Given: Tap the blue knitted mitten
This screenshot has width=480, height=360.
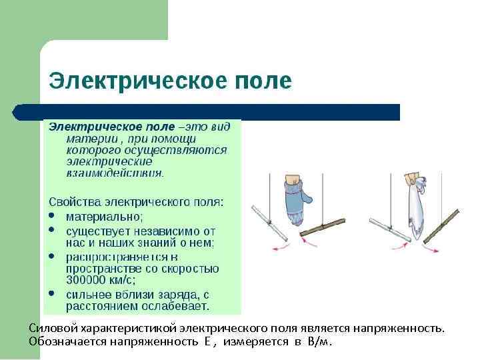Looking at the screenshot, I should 293,201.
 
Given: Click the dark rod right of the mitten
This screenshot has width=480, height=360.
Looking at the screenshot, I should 322,227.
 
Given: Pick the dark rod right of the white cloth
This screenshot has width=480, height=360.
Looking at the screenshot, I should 440,224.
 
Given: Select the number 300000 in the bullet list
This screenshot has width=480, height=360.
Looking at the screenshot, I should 89,281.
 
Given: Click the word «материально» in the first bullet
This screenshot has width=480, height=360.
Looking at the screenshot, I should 103,216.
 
